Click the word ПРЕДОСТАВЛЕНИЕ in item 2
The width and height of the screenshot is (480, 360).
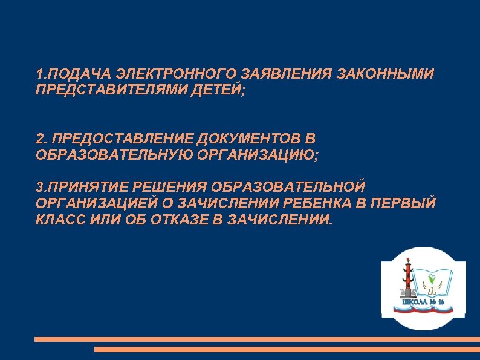pos(115,140)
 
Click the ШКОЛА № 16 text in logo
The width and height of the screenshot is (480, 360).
pos(424,301)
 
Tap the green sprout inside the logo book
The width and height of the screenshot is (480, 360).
pos(431,278)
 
